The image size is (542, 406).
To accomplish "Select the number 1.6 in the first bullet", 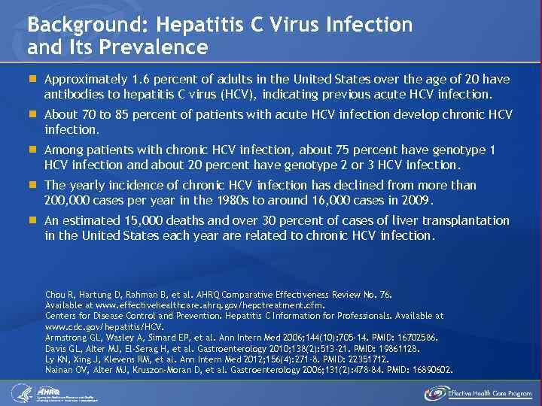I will pos(139,80).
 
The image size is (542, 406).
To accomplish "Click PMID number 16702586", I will pos(415,338).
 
